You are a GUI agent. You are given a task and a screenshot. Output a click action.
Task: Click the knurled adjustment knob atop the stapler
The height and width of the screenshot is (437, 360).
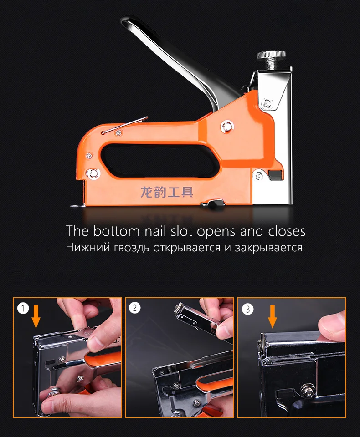click(271, 56)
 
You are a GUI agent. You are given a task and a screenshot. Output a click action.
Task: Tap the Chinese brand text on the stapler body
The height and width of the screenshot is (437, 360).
click(167, 192)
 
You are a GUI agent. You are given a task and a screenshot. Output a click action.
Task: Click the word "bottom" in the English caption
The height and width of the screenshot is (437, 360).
click(116, 231)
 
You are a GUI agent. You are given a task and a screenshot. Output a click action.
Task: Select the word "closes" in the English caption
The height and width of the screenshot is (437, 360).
click(287, 231)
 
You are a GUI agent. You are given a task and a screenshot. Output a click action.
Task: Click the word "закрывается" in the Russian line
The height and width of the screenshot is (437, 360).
click(268, 248)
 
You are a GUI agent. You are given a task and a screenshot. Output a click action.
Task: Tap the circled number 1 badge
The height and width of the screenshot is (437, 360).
click(23, 308)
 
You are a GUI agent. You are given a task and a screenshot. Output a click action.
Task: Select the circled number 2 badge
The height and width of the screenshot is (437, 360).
click(135, 308)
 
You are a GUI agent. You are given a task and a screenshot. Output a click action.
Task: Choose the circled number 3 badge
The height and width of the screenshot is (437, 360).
click(247, 309)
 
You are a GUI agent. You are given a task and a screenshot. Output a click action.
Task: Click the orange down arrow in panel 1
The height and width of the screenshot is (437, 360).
click(36, 316)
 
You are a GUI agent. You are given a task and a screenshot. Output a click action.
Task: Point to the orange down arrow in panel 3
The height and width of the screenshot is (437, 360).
click(273, 316)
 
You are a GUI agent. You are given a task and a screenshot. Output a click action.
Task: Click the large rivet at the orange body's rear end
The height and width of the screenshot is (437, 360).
click(93, 173)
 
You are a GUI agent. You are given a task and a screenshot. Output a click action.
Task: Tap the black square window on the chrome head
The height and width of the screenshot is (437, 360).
click(275, 175)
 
